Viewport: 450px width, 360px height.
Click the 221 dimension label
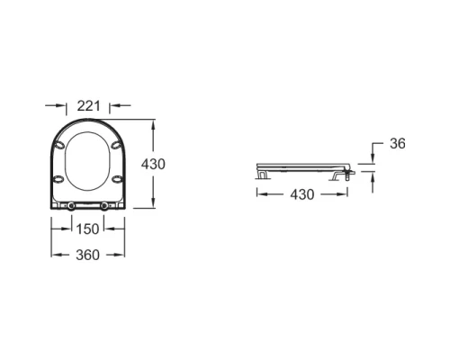tap(88, 106)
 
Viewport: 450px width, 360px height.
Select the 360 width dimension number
tap(87, 255)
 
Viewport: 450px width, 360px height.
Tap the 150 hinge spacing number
tap(87, 229)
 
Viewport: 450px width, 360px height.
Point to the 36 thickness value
tap(398, 144)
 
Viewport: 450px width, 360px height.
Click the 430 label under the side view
tap(302, 194)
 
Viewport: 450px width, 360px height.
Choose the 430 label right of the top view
tap(153, 165)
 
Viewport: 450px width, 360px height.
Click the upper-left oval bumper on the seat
tap(58, 145)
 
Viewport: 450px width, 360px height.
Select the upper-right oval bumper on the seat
tap(116, 145)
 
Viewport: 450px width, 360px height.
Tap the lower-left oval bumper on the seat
tap(58, 179)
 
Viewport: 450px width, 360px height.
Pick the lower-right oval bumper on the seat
tap(117, 179)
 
